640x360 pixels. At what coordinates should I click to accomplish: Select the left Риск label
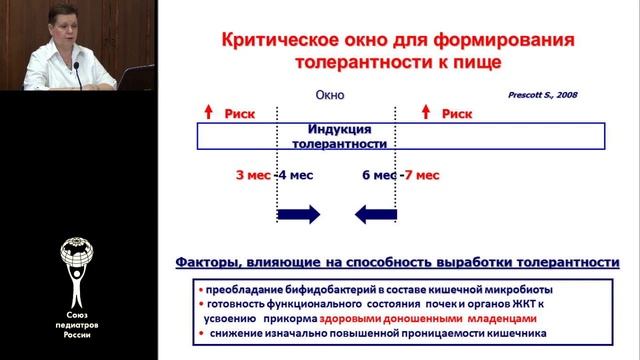[240, 114]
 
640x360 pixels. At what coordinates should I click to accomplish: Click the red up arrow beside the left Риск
[209, 113]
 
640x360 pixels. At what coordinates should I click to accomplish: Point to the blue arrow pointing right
[298, 213]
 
